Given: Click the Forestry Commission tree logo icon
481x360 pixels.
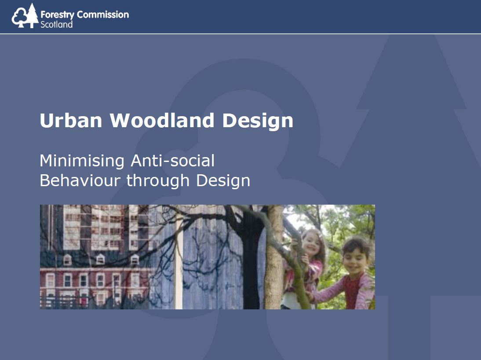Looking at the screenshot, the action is click(x=25, y=16).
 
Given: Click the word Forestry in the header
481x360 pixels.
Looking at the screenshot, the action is click(x=57, y=15).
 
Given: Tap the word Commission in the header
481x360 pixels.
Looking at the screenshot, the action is click(x=103, y=15).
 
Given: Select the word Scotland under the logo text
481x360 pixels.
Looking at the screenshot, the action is click(x=56, y=24).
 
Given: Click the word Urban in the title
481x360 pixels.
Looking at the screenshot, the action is click(x=71, y=120).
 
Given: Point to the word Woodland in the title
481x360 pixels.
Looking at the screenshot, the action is click(x=162, y=120).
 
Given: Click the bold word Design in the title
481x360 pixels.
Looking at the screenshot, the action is click(x=258, y=121).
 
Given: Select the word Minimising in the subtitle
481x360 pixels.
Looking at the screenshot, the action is click(x=82, y=161).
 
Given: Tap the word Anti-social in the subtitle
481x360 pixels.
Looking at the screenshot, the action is click(x=173, y=161).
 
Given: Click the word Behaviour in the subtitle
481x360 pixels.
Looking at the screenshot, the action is click(x=80, y=180).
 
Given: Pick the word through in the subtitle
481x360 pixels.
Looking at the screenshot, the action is click(x=158, y=181).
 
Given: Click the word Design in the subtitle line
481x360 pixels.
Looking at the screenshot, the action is click(x=223, y=181).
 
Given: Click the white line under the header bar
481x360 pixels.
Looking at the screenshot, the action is click(x=240, y=33).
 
